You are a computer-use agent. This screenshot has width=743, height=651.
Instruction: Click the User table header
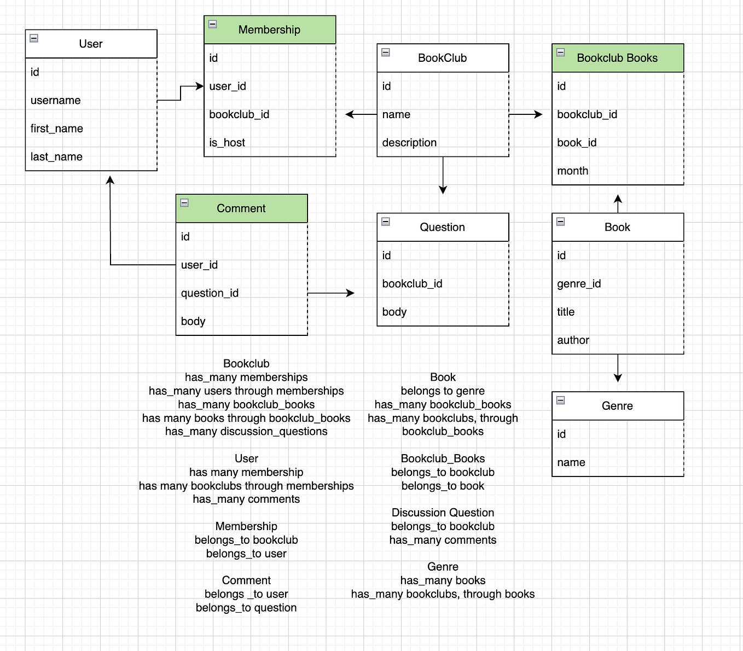click(x=91, y=44)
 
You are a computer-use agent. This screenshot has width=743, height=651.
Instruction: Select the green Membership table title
click(x=269, y=30)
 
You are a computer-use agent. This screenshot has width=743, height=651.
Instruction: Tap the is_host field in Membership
click(x=227, y=143)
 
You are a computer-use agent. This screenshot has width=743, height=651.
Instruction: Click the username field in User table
click(x=55, y=101)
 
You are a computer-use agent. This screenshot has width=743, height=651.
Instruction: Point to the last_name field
click(x=56, y=157)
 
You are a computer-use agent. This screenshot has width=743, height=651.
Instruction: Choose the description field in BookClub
click(x=409, y=143)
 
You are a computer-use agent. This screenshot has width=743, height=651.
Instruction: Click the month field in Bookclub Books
click(x=572, y=171)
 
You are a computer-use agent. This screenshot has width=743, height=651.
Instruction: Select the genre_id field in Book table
click(x=579, y=284)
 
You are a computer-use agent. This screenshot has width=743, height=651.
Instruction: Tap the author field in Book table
click(x=573, y=340)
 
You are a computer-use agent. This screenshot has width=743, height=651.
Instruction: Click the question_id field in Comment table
click(x=210, y=293)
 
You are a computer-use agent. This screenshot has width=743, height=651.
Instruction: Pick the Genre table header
click(x=617, y=406)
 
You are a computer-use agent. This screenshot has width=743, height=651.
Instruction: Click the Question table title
click(x=442, y=227)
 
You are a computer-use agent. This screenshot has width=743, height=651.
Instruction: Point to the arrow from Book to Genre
click(x=618, y=368)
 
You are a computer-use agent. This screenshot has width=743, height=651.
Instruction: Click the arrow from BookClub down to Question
click(x=443, y=176)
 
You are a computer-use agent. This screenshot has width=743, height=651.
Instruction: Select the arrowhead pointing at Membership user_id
click(x=200, y=86)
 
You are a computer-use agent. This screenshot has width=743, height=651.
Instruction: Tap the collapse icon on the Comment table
click(x=184, y=203)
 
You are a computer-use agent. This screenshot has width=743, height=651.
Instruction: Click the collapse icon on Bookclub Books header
click(x=561, y=53)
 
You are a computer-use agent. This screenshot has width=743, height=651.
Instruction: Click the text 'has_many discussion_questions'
click(x=246, y=432)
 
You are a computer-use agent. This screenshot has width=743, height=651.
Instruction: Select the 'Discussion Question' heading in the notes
click(x=443, y=513)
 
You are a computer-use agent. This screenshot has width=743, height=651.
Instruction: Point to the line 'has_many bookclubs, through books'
click(x=443, y=594)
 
